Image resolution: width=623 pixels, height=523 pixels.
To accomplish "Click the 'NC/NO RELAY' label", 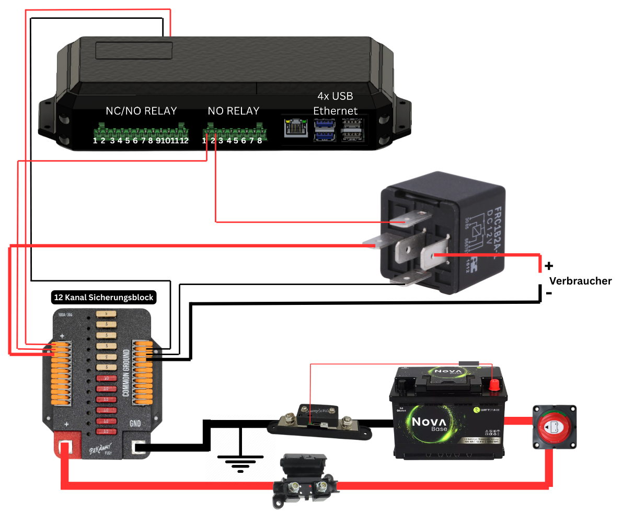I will [x=141, y=111].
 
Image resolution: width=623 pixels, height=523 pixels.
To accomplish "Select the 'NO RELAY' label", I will [x=233, y=111].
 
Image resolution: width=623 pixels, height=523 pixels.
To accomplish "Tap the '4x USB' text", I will [x=335, y=97].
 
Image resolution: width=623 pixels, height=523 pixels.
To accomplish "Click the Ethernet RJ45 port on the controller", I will [x=295, y=128].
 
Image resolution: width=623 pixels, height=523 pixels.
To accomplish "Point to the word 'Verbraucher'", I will [x=580, y=281].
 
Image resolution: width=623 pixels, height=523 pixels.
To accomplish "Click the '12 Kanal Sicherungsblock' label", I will [x=104, y=298].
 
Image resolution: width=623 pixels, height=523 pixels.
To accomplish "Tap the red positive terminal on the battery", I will [x=493, y=385].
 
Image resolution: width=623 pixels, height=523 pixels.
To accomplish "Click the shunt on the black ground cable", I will [x=319, y=421].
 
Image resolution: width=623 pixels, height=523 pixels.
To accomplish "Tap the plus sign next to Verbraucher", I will [x=549, y=265].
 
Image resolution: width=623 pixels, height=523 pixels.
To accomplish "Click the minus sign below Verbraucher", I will [x=549, y=293].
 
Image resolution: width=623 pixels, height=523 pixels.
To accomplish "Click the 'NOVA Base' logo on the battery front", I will [x=430, y=424].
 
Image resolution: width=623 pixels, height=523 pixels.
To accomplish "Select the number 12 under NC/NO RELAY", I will [x=184, y=141].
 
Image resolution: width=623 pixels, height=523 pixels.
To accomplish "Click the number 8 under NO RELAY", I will [x=259, y=141].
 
